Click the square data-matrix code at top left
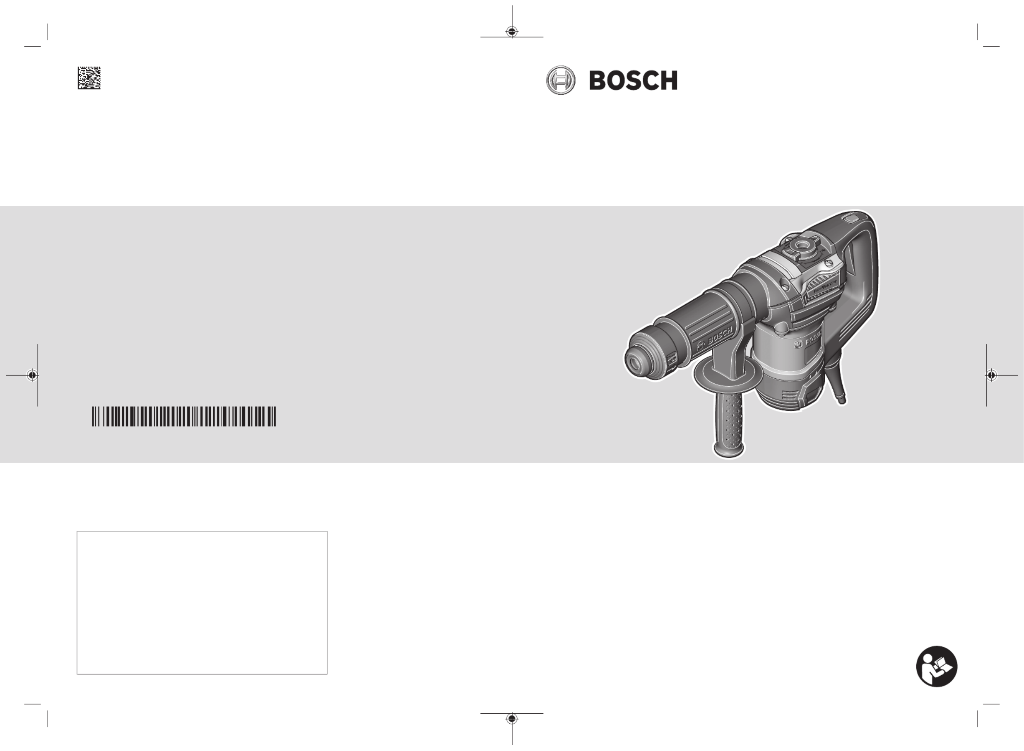(89, 78)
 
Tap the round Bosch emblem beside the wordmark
(560, 80)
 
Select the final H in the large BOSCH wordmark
(667, 80)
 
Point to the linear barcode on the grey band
(184, 416)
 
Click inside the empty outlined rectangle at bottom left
(202, 602)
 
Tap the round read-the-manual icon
(936, 666)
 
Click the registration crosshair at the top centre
(512, 31)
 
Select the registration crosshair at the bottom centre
(512, 719)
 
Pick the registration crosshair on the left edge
(32, 375)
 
